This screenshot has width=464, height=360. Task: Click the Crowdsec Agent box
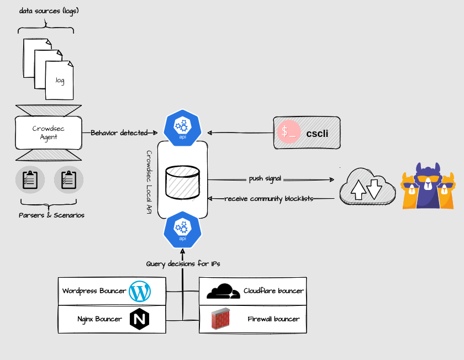click(x=49, y=133)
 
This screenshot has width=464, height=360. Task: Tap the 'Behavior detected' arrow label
click(x=119, y=133)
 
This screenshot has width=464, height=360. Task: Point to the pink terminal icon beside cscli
click(x=289, y=133)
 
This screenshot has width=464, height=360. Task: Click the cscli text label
click(x=318, y=133)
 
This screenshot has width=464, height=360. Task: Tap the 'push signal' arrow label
click(x=265, y=179)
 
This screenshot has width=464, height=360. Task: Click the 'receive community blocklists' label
click(x=269, y=198)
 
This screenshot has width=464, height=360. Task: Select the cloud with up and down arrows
click(x=367, y=187)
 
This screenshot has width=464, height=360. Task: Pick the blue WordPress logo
click(x=139, y=291)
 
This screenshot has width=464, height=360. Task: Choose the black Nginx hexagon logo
click(x=139, y=319)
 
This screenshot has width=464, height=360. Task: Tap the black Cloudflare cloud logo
click(x=223, y=292)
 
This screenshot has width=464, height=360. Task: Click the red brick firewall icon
click(x=221, y=320)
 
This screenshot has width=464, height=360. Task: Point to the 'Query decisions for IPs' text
click(x=183, y=264)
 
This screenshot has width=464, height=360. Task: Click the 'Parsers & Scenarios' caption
click(x=51, y=215)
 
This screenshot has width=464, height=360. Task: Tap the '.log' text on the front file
click(x=60, y=81)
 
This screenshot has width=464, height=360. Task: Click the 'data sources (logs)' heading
click(x=49, y=10)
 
